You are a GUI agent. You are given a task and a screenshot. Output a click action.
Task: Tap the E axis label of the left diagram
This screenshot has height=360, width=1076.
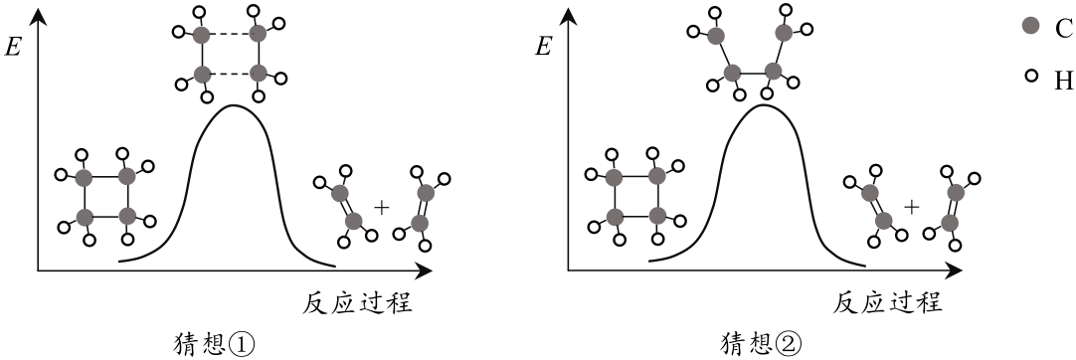[x=12, y=48]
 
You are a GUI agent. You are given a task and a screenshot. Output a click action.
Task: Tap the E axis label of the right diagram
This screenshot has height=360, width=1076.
[x=543, y=48]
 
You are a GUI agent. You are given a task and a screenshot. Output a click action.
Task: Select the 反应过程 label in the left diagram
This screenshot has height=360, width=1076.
[x=357, y=302]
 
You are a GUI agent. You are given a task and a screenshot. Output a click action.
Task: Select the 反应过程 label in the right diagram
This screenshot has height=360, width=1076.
[x=889, y=302]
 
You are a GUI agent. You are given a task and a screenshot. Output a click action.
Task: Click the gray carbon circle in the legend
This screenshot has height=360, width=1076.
[x=1030, y=26]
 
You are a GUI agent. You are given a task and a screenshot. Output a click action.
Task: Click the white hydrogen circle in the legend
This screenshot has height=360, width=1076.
[x=1030, y=77]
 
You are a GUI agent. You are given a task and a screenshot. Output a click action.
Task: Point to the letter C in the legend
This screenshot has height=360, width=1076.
[x=1061, y=27]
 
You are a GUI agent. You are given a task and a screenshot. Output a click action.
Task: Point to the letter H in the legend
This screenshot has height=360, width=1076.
[x=1062, y=81]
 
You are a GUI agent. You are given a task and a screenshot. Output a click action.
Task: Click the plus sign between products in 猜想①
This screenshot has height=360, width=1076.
[x=382, y=206]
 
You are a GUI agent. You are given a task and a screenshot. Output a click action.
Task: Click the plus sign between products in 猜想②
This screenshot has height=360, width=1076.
[x=911, y=206]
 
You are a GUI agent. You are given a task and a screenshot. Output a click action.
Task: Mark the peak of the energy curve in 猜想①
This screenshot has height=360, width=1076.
[x=234, y=105]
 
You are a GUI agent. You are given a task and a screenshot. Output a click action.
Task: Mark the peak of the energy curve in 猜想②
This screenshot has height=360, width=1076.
[x=763, y=105]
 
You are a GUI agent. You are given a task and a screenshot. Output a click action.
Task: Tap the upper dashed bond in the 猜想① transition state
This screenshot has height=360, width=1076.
[x=230, y=34]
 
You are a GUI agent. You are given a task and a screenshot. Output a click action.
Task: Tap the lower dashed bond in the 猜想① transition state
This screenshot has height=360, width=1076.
[x=230, y=74]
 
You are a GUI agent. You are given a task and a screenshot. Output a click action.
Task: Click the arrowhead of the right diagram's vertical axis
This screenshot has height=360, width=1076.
[x=569, y=16]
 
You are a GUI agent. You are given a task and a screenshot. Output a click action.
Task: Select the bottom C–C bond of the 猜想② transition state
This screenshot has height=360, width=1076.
[x=753, y=72]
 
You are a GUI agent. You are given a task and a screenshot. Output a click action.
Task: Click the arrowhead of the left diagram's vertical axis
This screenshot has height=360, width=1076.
[x=39, y=16]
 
